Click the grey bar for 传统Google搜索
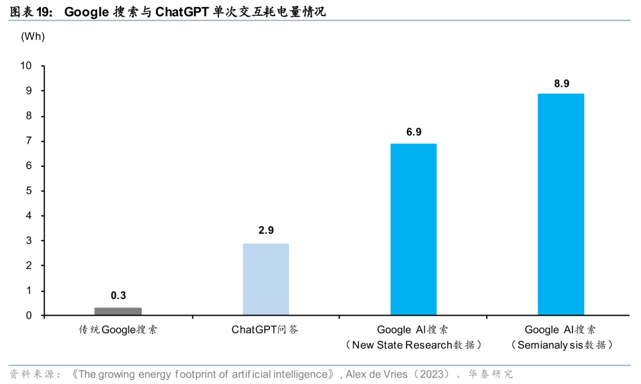point(118,311)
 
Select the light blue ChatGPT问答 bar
point(266,279)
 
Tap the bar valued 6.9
point(414,229)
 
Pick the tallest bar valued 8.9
point(561,204)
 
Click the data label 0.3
point(118,296)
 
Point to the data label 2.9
point(266,231)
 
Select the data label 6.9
point(414,132)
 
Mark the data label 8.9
point(561,82)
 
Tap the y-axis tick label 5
point(28,191)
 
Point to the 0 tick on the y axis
point(28,315)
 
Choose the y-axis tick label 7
point(28,141)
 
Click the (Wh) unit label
point(33,36)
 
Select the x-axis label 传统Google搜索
point(118,330)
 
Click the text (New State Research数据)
point(414,345)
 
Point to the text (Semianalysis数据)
point(561,345)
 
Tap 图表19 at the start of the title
point(28,12)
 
